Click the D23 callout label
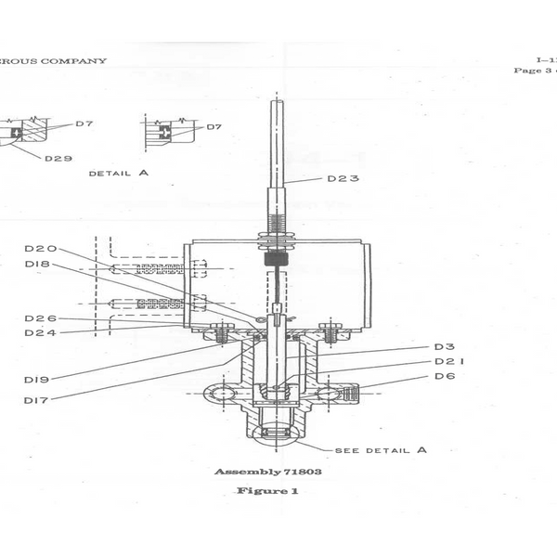pos(343,178)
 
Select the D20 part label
pos(41,248)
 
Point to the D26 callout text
pos(41,318)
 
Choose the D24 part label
pos(41,332)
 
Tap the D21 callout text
pos(449,361)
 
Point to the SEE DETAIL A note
pos(381,450)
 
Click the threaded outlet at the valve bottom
pos(276,432)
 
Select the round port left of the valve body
pos(220,394)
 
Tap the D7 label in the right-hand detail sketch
pos(214,126)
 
